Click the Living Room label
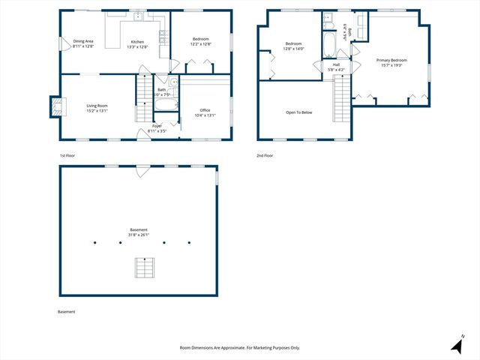tap(97, 109)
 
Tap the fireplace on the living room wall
tap(55, 106)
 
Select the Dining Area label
tap(83, 43)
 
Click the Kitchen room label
tap(138, 43)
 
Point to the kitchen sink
tap(138, 16)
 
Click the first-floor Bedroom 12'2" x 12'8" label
tap(200, 41)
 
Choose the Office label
tap(205, 112)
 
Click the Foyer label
tap(157, 128)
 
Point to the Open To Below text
tap(298, 112)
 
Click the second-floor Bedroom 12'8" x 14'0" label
tap(292, 45)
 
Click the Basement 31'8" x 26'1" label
tap(138, 232)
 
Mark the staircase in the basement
tap(142, 268)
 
